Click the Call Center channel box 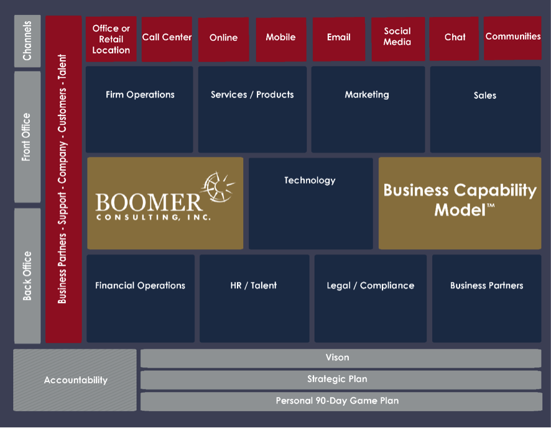(x=167, y=39)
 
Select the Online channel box (x=223, y=39)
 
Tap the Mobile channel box (x=280, y=39)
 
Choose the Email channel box (x=338, y=39)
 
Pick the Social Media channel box (x=397, y=39)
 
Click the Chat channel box (x=455, y=39)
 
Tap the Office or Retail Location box (x=111, y=39)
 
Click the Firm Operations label (x=140, y=94)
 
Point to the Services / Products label (x=252, y=94)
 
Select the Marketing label (x=367, y=94)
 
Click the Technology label (x=310, y=180)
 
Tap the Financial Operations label (x=140, y=286)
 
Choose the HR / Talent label (x=253, y=286)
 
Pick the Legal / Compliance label (x=370, y=286)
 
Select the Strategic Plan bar (x=340, y=379)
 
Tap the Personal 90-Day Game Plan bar (x=340, y=401)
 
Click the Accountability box (x=75, y=380)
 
